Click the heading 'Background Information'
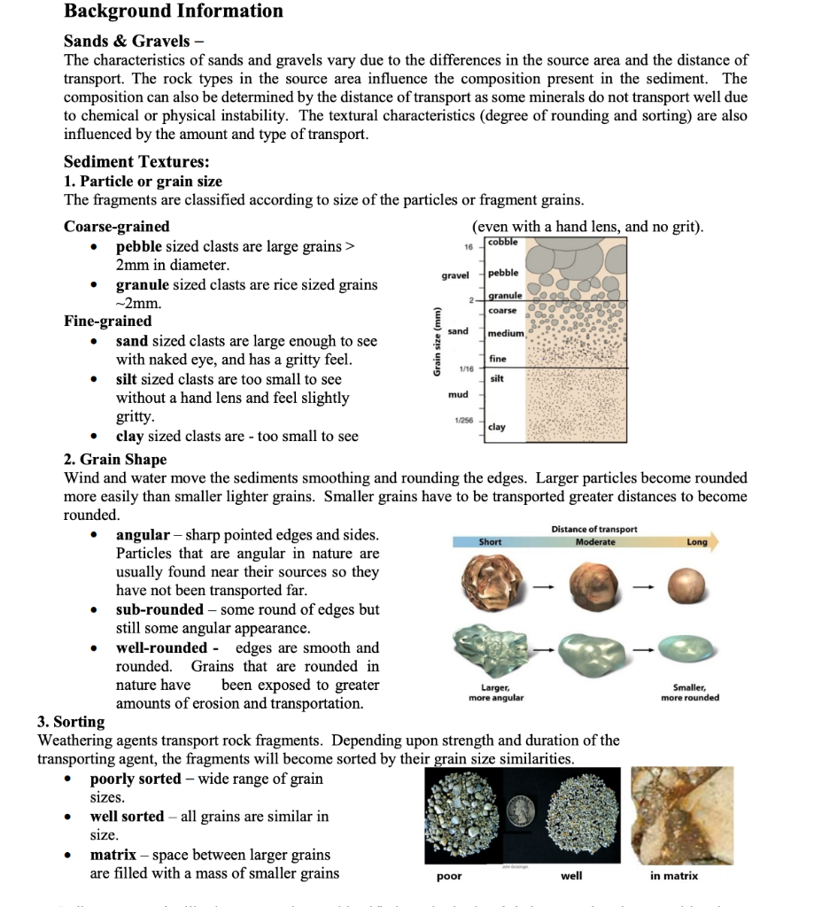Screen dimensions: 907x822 174,12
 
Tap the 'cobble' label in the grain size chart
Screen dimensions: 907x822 503,242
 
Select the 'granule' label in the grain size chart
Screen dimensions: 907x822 505,295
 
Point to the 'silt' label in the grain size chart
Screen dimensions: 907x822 496,378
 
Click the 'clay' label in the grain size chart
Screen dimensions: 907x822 497,427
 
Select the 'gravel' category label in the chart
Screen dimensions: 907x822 455,275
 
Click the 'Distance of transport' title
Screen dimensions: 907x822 593,529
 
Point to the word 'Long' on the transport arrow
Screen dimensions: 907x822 696,542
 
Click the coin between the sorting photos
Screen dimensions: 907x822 522,810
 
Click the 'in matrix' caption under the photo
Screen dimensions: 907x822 673,876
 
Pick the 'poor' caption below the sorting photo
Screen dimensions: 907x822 449,876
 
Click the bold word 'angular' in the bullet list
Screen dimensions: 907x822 143,535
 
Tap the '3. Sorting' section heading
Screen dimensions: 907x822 71,722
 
